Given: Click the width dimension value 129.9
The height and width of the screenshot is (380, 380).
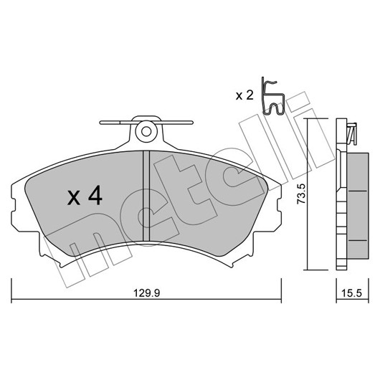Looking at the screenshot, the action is click(147, 293).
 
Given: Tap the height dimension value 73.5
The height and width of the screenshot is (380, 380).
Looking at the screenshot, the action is click(302, 194).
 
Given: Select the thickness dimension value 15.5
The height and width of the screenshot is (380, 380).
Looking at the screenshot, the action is click(351, 293).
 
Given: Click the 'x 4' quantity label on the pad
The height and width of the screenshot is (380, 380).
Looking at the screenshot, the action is click(85, 195).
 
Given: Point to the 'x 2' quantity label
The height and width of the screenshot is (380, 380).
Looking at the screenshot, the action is click(244, 95).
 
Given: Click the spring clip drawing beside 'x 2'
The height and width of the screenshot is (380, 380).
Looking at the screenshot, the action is click(272, 97).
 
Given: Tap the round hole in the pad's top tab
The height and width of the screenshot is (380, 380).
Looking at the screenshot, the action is click(146, 132).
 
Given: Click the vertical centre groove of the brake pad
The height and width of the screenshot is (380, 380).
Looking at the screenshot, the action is click(146, 196).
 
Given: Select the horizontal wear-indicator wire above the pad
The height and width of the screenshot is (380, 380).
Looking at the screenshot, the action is click(146, 123).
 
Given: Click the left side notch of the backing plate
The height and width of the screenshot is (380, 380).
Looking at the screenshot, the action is click(14, 207).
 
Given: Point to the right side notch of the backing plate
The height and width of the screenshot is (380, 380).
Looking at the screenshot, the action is click(279, 207).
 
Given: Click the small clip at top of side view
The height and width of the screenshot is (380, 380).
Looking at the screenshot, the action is click(352, 133).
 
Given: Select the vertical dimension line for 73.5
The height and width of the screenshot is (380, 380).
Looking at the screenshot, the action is click(308, 194).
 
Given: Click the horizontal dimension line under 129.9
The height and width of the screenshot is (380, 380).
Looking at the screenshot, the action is click(146, 299).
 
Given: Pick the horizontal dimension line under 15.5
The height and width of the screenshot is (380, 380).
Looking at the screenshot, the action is click(352, 299).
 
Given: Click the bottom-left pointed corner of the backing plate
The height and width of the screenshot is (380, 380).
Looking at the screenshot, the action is click(61, 267).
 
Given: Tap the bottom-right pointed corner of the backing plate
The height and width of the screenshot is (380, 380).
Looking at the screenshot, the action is click(232, 267).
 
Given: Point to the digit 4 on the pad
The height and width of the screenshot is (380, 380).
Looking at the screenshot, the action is click(95, 195).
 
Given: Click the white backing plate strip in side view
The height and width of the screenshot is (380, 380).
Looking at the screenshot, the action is click(341, 194).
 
